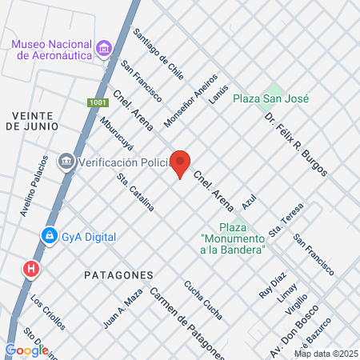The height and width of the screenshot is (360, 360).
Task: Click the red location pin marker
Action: (x=181, y=163)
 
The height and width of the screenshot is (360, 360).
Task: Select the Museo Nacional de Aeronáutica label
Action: (x=51, y=49)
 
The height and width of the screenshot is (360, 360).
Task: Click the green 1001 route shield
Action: (x=96, y=103)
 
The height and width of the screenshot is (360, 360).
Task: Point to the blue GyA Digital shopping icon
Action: (x=50, y=236)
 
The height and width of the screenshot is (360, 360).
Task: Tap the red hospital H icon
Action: (x=31, y=268)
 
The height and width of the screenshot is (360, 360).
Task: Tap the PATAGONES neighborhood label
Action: (x=118, y=274)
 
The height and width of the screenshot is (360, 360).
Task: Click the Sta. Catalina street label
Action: (x=135, y=193)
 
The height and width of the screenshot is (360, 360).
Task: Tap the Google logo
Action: (x=26, y=350)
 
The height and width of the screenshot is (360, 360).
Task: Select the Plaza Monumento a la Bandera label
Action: (x=233, y=234)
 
